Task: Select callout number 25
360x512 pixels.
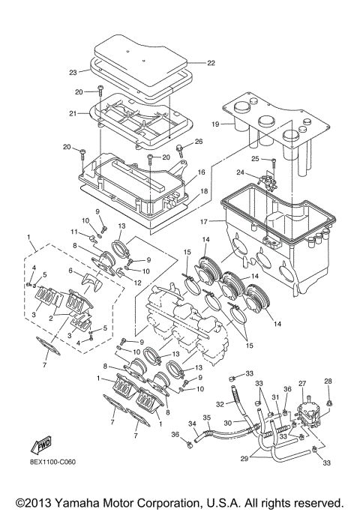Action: (254, 159)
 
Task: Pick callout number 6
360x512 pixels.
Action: (70, 271)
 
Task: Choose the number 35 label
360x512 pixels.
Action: (207, 417)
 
